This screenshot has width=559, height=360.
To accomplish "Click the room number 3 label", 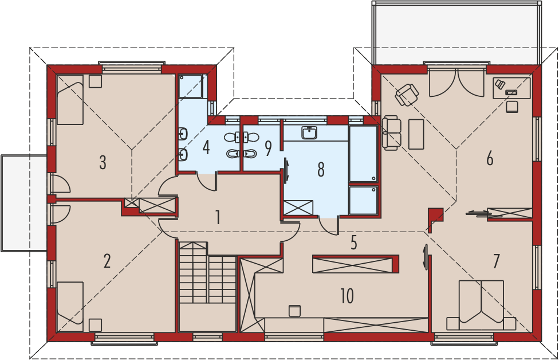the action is coord(103,163).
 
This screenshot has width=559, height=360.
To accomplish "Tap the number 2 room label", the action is coord(107,261).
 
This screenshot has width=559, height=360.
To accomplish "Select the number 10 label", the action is coord(347,296).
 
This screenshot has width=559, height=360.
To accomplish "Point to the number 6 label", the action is coord(490,158).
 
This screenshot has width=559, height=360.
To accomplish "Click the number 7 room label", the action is coord(496,261).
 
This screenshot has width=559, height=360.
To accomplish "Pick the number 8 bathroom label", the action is coord(321,170).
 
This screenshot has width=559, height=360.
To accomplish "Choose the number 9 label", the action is coord(269,148).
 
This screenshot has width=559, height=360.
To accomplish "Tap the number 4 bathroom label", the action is coord(206,147).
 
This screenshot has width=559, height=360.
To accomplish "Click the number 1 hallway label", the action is coord(218,217).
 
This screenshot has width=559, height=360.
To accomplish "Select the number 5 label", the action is coord(353,242).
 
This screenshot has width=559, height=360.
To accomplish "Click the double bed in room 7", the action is coord(481,305).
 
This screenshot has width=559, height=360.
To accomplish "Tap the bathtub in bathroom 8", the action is coord(363,154).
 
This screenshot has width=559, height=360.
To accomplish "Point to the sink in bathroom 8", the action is coord(309,133).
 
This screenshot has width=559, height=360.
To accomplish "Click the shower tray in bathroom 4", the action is coord(191,85).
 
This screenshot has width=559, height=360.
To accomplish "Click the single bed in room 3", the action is coord(70,99).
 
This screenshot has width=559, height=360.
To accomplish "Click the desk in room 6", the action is coord(511,88).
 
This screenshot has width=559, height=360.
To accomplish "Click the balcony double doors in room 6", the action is coord(456,83).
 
